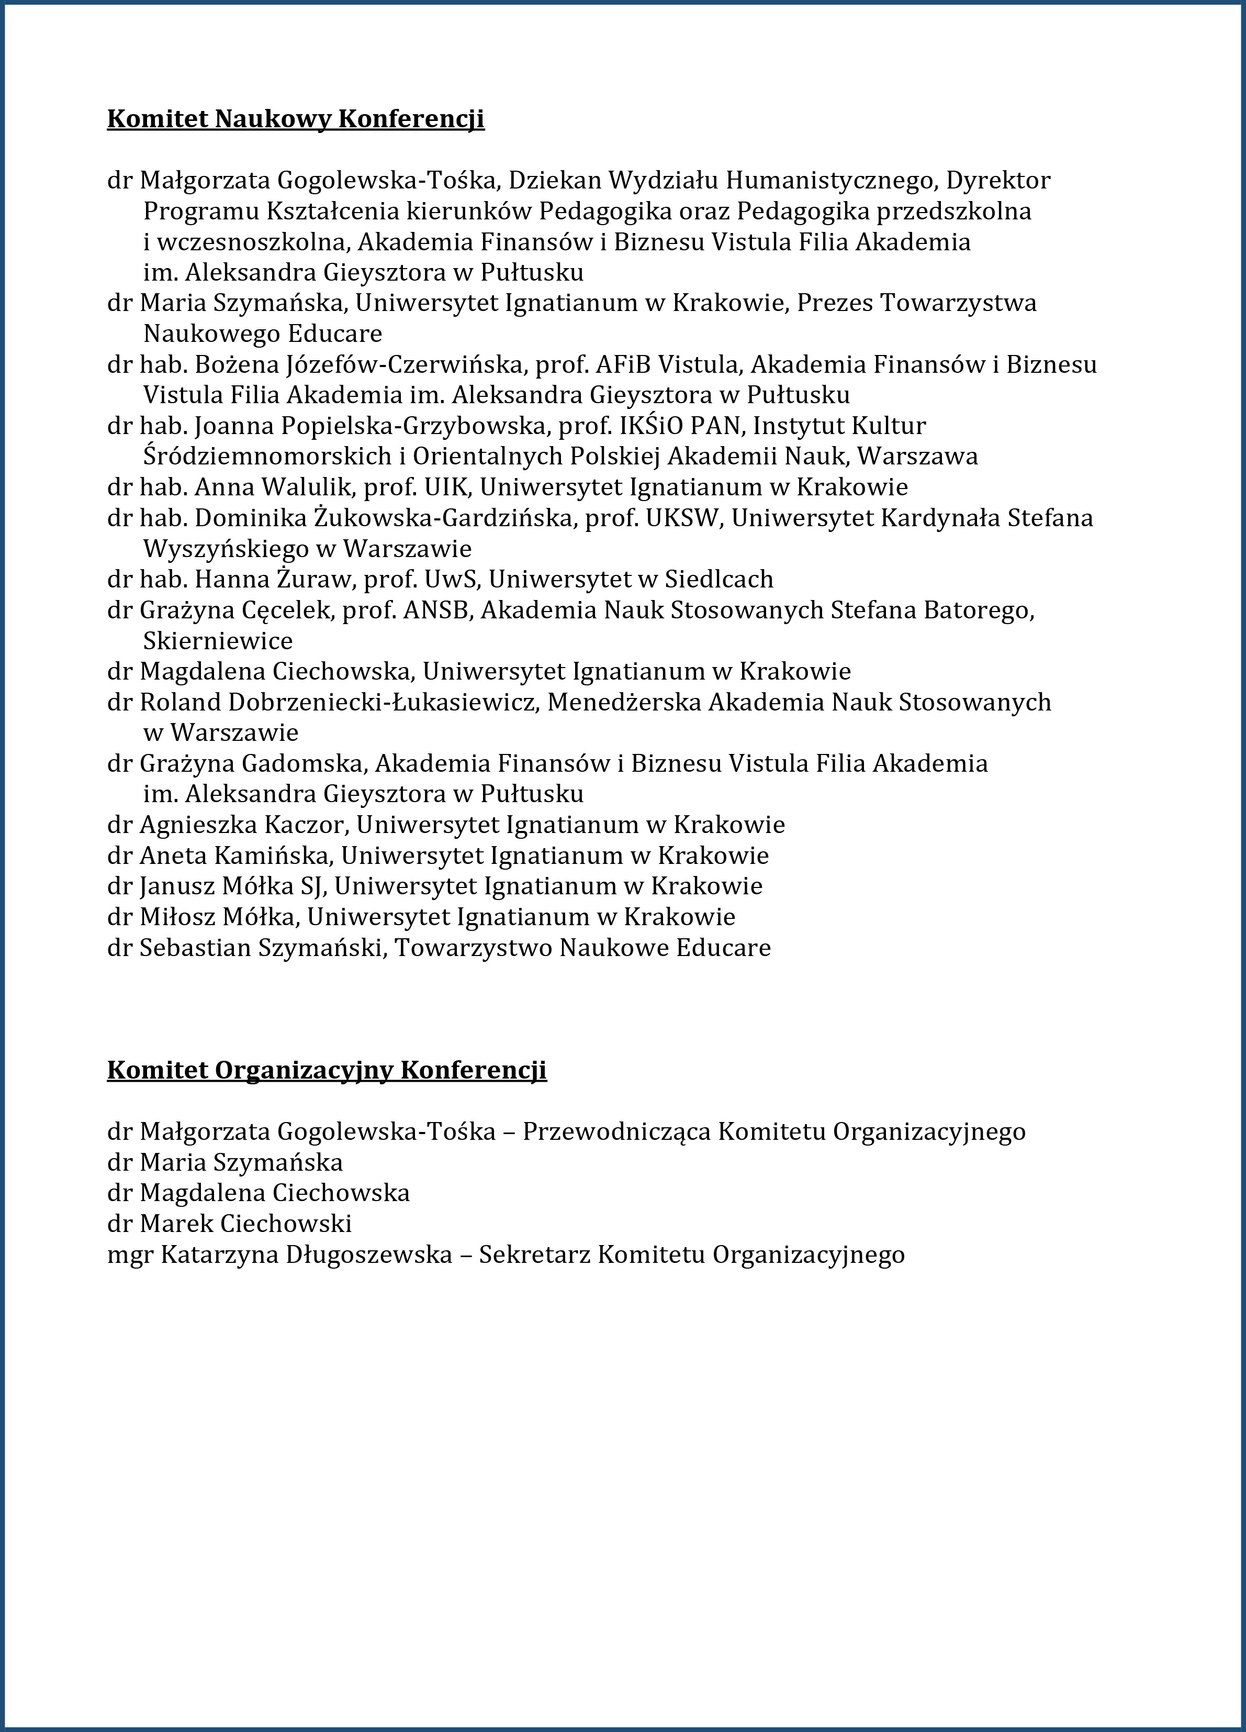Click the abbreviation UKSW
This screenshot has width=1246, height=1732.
[x=683, y=518]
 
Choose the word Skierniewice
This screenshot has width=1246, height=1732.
[x=218, y=641]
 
